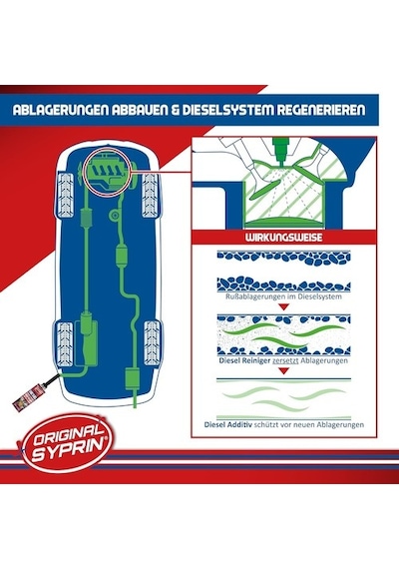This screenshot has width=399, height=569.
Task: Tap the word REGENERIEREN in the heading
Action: [x=321, y=111]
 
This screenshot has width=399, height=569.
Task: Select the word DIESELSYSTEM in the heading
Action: [x=227, y=111]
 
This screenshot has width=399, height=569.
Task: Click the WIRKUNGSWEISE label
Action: [x=283, y=238]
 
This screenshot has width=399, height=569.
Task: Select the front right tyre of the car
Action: [x=151, y=195]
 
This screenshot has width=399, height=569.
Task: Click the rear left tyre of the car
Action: [x=65, y=343]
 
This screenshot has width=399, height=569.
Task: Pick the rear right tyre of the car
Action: [x=153, y=342]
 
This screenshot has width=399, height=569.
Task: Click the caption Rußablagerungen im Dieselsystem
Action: [x=283, y=296]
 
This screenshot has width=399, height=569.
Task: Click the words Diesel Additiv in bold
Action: [x=228, y=424]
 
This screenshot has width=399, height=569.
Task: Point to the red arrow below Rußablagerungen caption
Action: [x=284, y=307]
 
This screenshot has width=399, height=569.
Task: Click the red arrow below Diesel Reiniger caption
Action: [x=284, y=371]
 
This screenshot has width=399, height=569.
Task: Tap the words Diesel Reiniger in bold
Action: [x=244, y=361]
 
